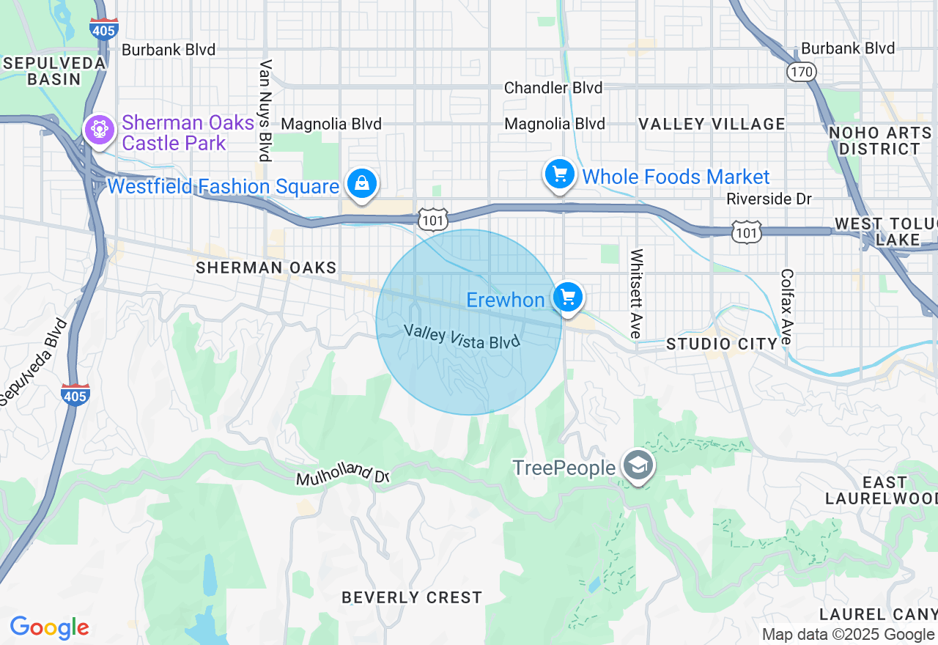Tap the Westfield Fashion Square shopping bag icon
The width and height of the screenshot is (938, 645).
pyautogui.click(x=362, y=183)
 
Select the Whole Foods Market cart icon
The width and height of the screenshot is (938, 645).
pyautogui.click(x=560, y=174)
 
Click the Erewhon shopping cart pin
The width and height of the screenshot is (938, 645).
pyautogui.click(x=568, y=298)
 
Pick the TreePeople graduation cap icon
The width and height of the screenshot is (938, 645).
pyautogui.click(x=638, y=465)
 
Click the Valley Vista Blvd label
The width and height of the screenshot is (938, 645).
pyautogui.click(x=462, y=336)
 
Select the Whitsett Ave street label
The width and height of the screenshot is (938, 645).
pyautogui.click(x=636, y=293)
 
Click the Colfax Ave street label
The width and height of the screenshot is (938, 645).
pyautogui.click(x=786, y=306)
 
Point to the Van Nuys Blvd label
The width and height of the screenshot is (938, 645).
pyautogui.click(x=265, y=110)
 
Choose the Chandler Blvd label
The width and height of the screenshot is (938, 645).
pyautogui.click(x=553, y=88)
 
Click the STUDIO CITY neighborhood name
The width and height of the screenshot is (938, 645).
pyautogui.click(x=722, y=344)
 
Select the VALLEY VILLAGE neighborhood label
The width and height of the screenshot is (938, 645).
pyautogui.click(x=712, y=124)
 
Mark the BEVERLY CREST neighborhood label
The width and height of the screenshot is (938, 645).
pyautogui.click(x=412, y=597)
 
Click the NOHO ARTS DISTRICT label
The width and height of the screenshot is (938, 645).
pyautogui.click(x=879, y=141)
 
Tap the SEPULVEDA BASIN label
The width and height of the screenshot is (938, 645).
pyautogui.click(x=53, y=71)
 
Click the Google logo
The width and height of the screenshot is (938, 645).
pyautogui.click(x=50, y=628)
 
